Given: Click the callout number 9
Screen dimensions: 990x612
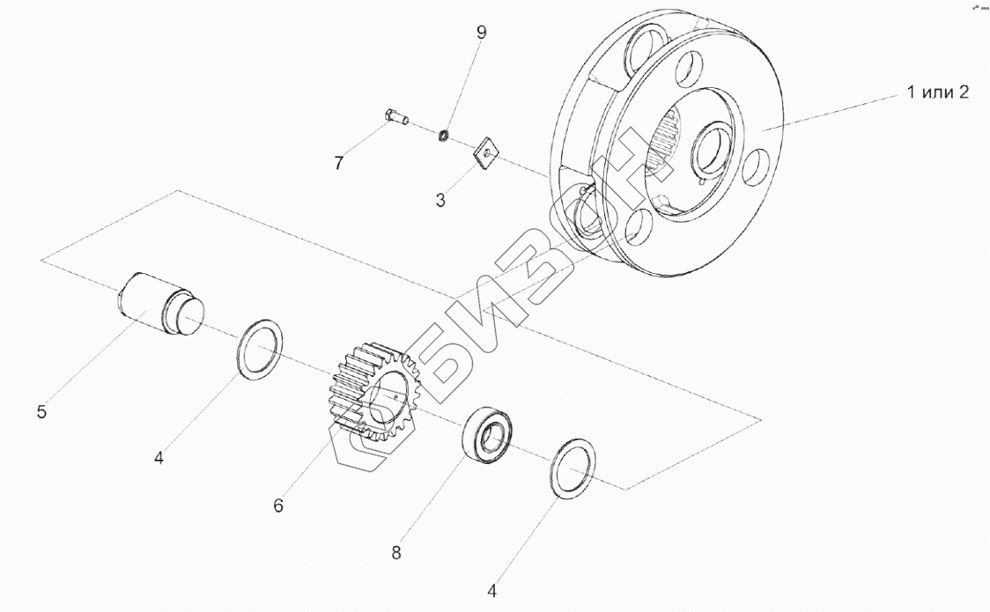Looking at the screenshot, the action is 481,33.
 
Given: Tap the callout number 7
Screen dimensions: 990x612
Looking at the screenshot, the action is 337,163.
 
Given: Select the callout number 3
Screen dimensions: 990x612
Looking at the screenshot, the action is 440,199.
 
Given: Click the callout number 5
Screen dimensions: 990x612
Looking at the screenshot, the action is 42,411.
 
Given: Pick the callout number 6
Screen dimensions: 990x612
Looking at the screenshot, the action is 278,505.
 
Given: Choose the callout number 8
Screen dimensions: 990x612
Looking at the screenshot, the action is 396,553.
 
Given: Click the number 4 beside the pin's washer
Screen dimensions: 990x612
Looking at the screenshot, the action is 159,458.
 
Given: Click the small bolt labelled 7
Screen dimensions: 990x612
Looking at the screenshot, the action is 395,116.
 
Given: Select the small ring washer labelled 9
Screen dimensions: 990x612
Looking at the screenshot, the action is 445,136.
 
